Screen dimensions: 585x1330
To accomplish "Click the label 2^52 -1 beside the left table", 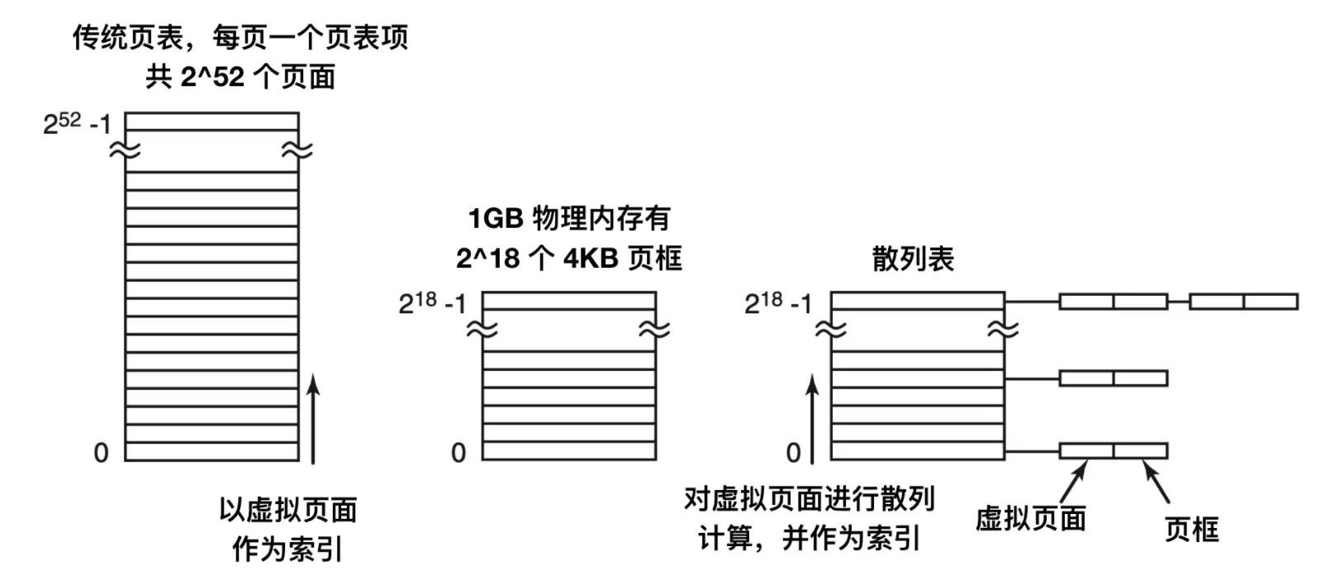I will click(77, 125).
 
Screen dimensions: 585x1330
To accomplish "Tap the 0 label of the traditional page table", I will click(101, 453).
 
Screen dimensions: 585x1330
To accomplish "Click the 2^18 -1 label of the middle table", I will click(432, 303).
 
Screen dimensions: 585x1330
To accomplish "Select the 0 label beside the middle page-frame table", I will click(458, 453).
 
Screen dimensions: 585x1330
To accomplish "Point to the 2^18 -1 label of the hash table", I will click(778, 303).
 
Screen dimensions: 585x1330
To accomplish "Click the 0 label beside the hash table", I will click(793, 453).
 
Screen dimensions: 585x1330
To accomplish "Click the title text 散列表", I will click(913, 259).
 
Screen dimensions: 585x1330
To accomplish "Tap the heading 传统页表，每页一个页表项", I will click(240, 37).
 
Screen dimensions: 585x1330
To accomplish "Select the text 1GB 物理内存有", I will click(569, 219).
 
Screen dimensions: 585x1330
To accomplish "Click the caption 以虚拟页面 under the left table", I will click(288, 510).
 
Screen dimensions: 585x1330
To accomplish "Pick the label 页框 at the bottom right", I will click(1191, 530).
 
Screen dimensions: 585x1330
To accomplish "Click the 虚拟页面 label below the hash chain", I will click(1030, 519).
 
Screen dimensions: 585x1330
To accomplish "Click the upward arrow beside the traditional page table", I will click(313, 418).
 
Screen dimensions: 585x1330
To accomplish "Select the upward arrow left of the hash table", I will click(813, 418).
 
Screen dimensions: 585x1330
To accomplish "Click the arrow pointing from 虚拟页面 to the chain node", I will click(1073, 479).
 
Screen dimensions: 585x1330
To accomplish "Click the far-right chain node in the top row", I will click(1243, 301).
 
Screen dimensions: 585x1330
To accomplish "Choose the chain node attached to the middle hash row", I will click(1113, 378).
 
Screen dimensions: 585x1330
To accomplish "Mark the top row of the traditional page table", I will click(211, 122).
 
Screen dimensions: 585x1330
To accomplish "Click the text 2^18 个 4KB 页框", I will click(569, 259).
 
